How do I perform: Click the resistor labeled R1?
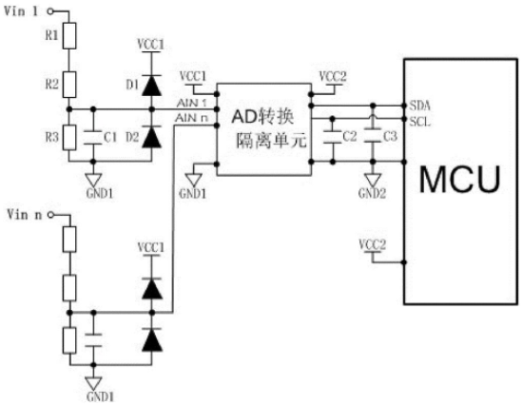(69, 36)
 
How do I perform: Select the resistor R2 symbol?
(69, 85)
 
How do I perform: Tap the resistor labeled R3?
(69, 138)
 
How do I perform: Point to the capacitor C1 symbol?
(93, 137)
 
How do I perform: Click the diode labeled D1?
(152, 86)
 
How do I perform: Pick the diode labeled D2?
(152, 137)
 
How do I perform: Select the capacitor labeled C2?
(332, 137)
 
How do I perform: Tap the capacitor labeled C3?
(373, 135)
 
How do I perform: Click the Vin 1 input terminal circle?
(50, 11)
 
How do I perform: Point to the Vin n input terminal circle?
(50, 215)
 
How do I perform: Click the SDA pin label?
(420, 106)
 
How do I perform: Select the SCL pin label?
(420, 122)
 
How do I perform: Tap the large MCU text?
(460, 180)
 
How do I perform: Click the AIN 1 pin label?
(192, 103)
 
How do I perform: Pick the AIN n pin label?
(191, 118)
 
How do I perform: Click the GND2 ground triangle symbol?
(373, 180)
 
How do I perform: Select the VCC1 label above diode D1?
(151, 45)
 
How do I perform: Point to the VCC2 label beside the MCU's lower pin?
(373, 245)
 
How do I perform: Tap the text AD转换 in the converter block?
(263, 117)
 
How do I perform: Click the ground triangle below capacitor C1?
(93, 180)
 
